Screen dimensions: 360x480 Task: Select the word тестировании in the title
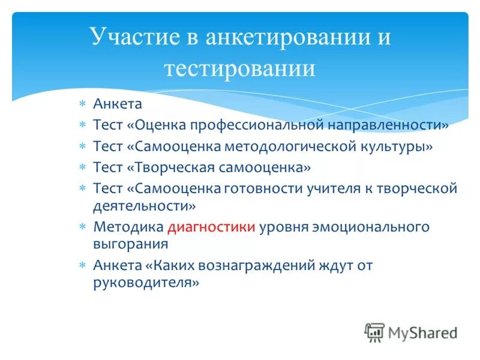(240, 68)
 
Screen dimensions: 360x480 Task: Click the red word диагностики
(212, 227)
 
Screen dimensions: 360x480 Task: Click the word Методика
(128, 227)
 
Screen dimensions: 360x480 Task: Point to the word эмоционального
(366, 227)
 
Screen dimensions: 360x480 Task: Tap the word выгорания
(130, 244)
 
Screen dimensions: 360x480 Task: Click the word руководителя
(144, 282)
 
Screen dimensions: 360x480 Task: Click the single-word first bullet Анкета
(118, 104)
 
